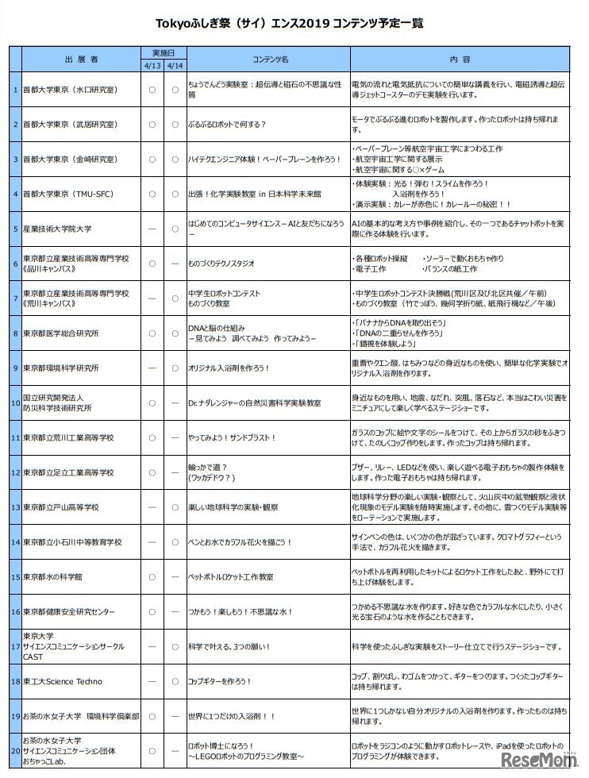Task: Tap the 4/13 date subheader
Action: pyautogui.click(x=152, y=65)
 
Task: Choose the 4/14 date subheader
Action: pyautogui.click(x=175, y=65)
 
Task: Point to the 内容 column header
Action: pyautogui.click(x=460, y=60)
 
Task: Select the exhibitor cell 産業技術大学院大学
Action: pyautogui.click(x=57, y=228)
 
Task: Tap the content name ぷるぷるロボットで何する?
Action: pyautogui.click(x=226, y=125)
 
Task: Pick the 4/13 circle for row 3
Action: pyautogui.click(x=152, y=159)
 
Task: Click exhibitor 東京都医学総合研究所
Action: pyautogui.click(x=61, y=333)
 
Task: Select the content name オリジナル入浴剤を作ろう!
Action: pyautogui.click(x=229, y=368)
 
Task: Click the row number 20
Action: pyautogui.click(x=15, y=751)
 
